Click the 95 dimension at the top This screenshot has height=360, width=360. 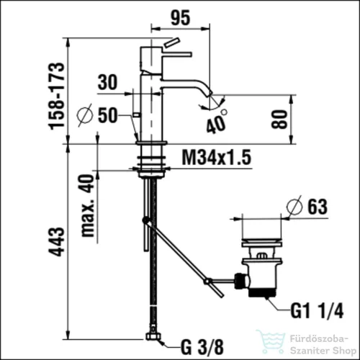tap(181, 17)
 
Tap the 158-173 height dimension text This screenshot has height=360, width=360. tap(57, 96)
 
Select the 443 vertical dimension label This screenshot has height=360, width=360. tap(57, 242)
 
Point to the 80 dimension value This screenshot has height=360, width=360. tap(279, 120)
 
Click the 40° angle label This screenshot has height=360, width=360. tap(217, 122)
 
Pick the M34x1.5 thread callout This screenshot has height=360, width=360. tap(217, 157)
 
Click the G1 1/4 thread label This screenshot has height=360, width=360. tap(317, 310)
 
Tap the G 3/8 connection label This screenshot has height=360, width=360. tap(202, 347)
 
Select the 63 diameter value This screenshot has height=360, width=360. tap(318, 207)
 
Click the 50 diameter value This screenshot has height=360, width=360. tap(108, 115)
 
